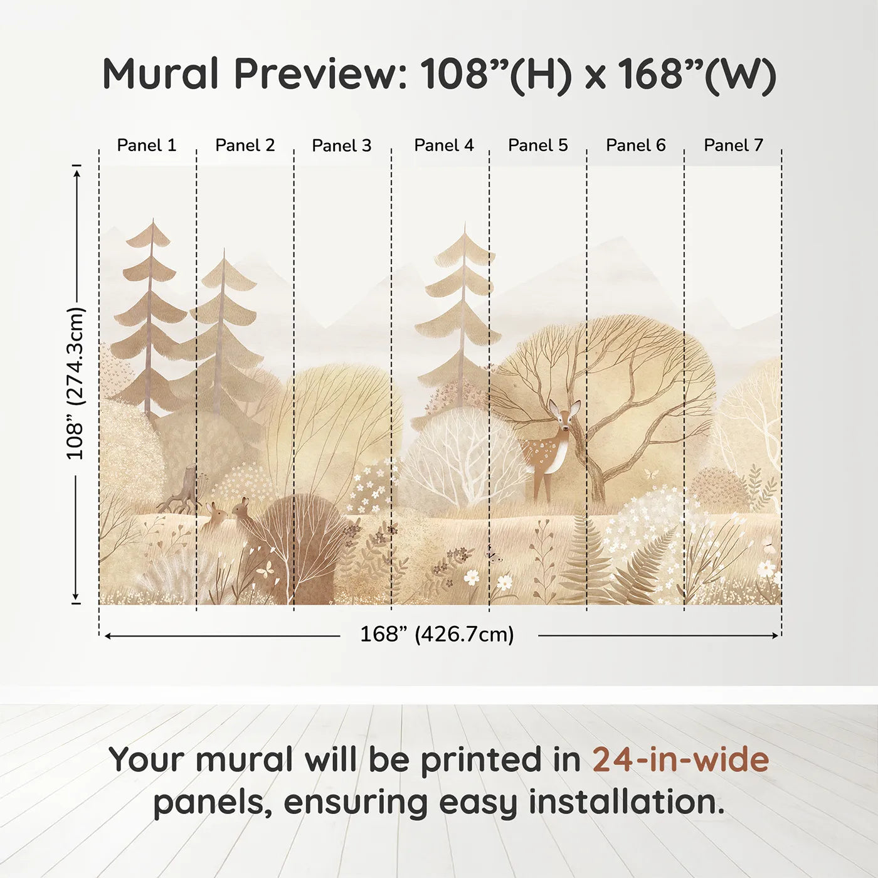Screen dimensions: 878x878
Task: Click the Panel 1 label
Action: pos(146,145)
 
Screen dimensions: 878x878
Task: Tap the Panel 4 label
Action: pos(444,145)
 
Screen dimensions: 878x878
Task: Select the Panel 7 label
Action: pos(733,145)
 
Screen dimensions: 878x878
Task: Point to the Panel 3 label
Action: pos(342,145)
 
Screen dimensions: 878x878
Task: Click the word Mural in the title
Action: pos(161,73)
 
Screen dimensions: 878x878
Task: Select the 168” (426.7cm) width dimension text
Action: pos(437,634)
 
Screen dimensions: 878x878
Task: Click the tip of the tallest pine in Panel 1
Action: pos(153,219)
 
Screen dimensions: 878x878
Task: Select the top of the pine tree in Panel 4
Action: pos(465,223)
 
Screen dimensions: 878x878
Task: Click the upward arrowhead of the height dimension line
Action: pos(77,173)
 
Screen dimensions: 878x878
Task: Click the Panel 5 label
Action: pos(537,145)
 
